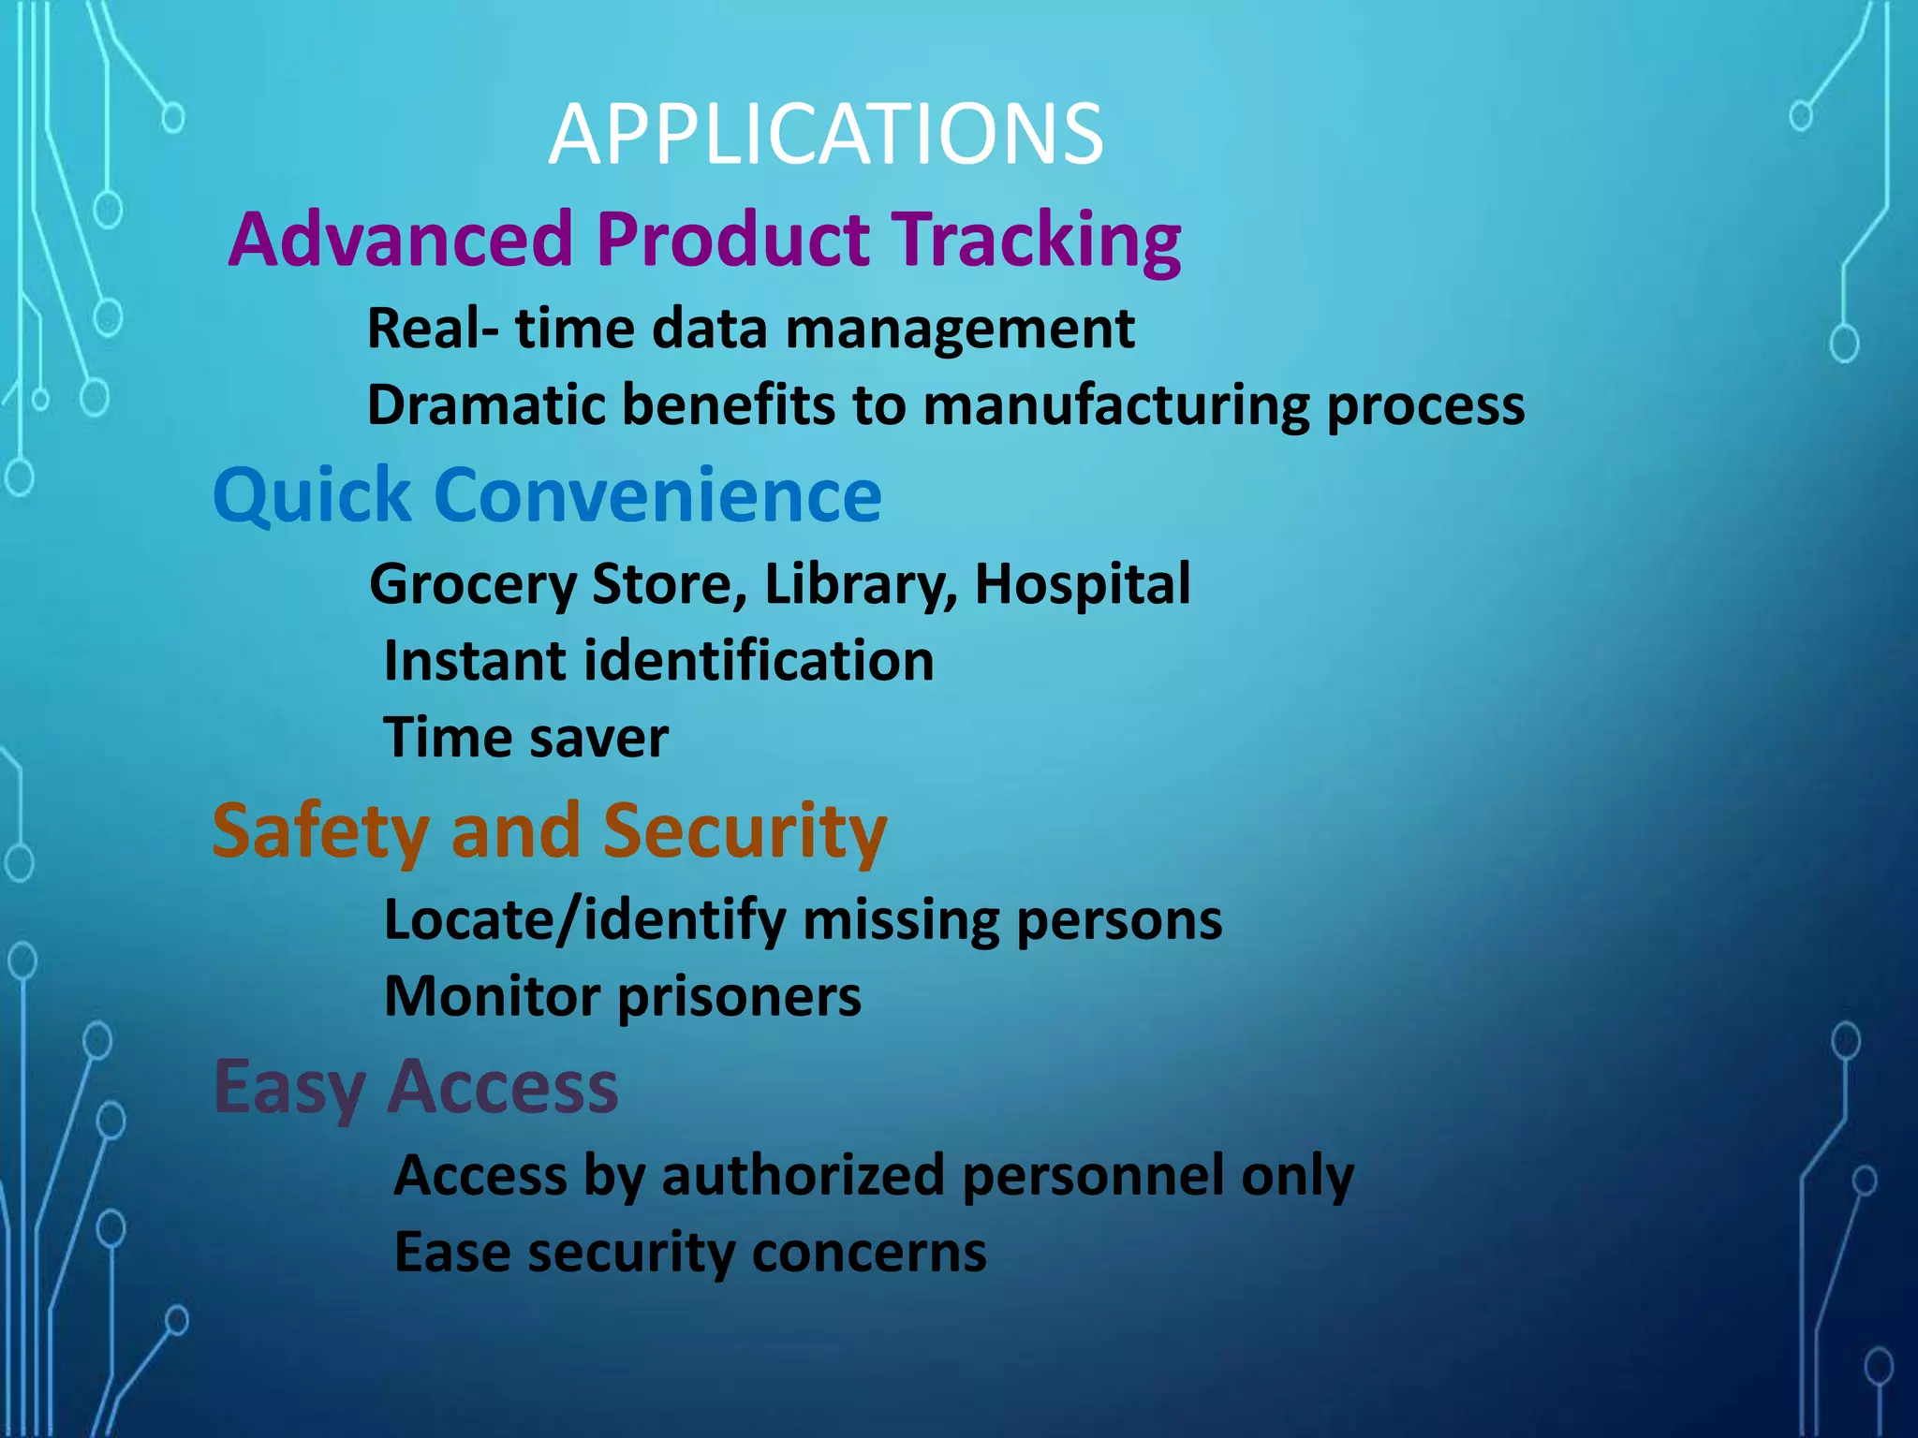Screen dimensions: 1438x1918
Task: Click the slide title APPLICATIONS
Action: [826, 136]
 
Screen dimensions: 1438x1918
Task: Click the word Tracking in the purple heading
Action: [1036, 240]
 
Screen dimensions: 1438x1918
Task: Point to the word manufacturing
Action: [1116, 406]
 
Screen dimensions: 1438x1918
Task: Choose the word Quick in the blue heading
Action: [312, 496]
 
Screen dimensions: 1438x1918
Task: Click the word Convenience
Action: [657, 495]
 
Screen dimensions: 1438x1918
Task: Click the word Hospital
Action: [1083, 585]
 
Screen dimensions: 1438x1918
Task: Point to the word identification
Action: [759, 661]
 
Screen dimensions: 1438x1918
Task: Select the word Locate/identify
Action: [585, 921]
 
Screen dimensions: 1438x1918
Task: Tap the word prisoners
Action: [740, 997]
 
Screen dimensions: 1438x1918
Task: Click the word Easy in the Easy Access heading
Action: [289, 1089]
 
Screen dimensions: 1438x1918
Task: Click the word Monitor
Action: [493, 997]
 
